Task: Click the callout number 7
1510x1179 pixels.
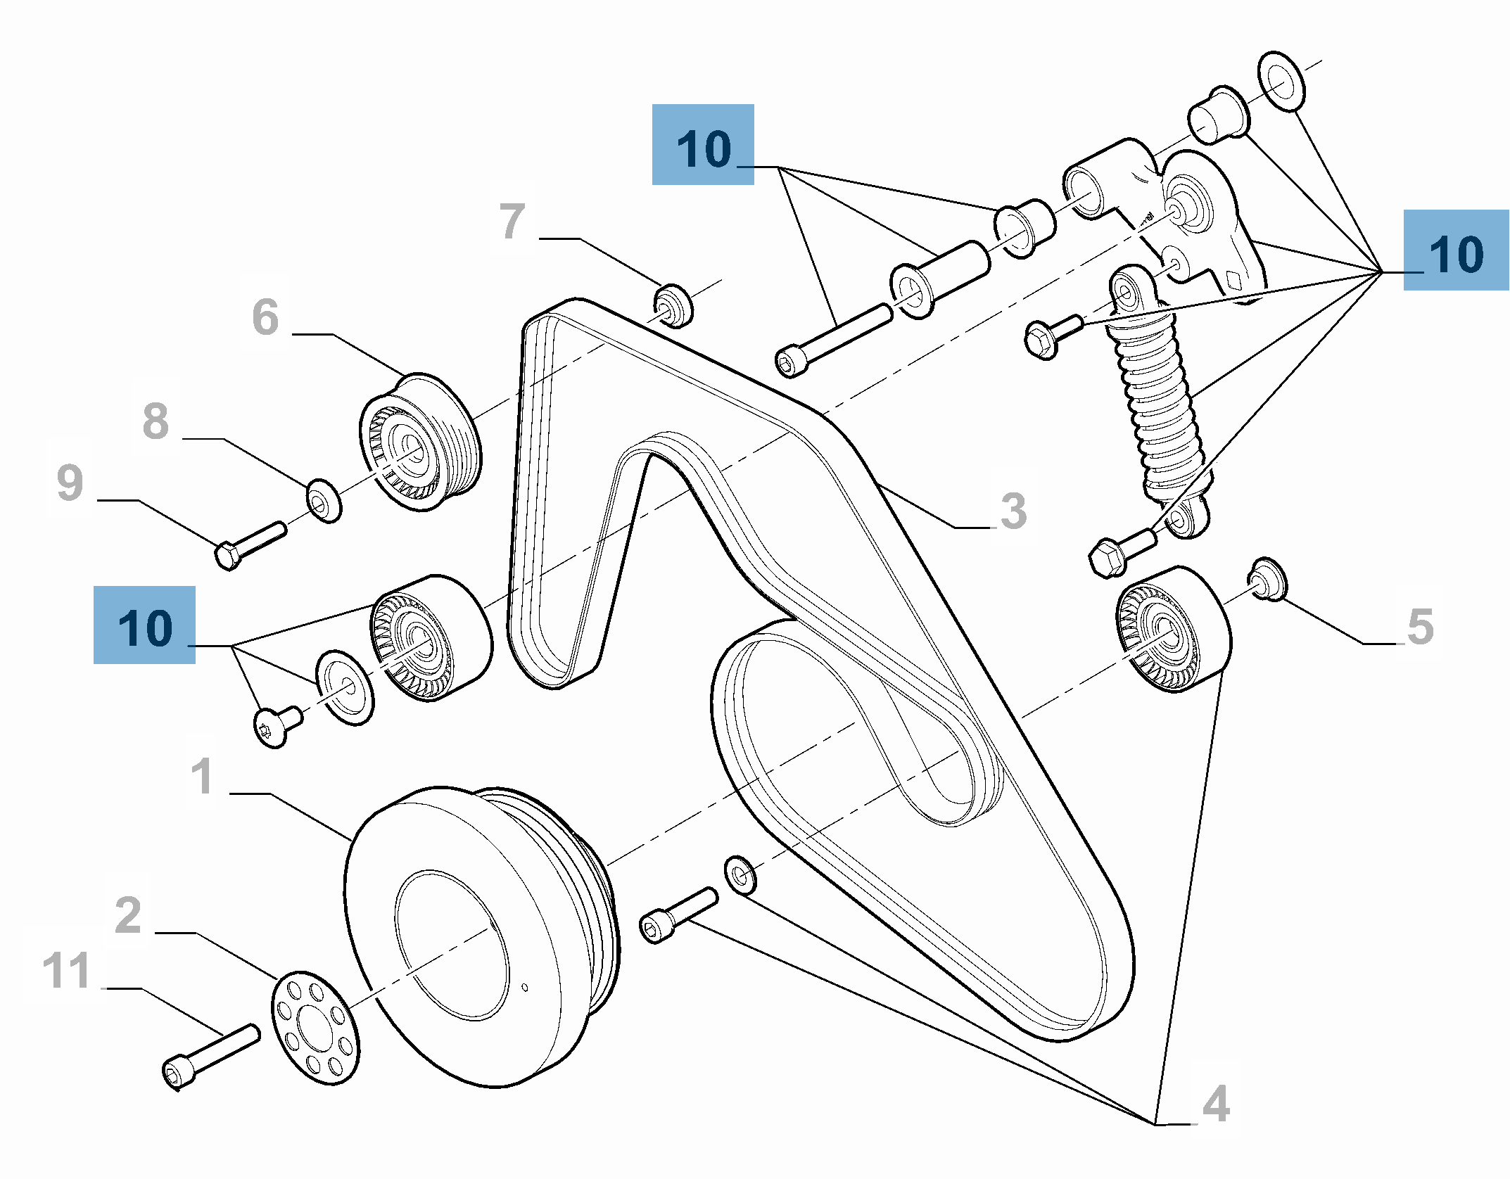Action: tap(512, 222)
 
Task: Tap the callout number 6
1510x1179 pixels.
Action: tap(265, 317)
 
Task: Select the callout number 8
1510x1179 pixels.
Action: tap(156, 421)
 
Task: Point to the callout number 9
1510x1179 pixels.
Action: tap(70, 483)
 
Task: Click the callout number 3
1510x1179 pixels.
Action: tap(1013, 511)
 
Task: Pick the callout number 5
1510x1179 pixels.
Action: tap(1420, 627)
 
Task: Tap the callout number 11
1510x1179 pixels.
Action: tap(66, 971)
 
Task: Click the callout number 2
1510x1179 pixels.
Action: tap(128, 915)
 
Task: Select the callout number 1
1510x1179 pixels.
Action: tap(202, 777)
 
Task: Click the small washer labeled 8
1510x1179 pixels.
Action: tap(324, 502)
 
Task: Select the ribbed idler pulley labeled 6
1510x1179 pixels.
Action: tap(420, 443)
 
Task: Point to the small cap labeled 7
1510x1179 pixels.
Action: tap(673, 305)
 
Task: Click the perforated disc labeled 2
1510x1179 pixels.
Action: tap(315, 1028)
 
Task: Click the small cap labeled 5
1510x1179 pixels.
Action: tap(1268, 580)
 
